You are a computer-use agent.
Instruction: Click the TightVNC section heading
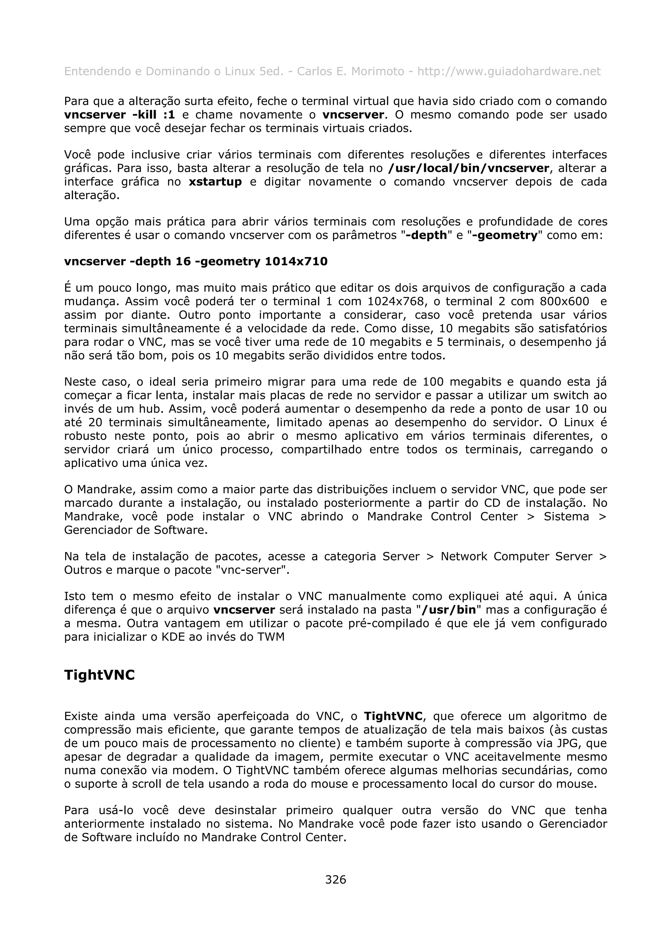point(99,675)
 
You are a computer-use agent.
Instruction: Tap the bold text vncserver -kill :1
point(120,115)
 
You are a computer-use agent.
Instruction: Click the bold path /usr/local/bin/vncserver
point(469,168)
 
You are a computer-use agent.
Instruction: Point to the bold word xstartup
point(215,182)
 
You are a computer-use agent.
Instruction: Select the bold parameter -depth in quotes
point(426,235)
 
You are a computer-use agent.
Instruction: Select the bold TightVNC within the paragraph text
point(393,716)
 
